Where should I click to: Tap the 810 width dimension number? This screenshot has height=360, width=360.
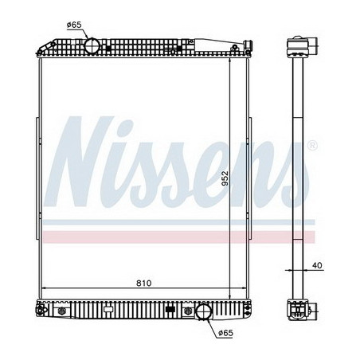point(143,282)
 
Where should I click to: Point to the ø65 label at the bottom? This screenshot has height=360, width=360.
point(227,335)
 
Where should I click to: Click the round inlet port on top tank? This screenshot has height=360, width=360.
point(92,45)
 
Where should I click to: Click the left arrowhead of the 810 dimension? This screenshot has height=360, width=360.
point(44,289)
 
